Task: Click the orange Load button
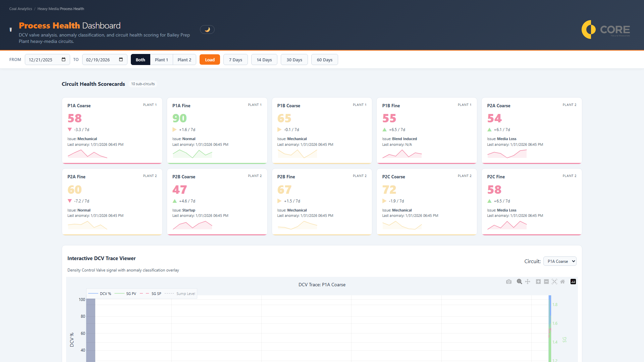pos(210,60)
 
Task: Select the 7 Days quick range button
pos(235,60)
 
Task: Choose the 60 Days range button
pos(324,60)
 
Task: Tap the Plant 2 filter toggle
pos(184,60)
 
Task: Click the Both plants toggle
pos(140,60)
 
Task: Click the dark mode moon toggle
pos(207,29)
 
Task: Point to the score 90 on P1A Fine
pos(179,118)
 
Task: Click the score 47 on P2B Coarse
pos(179,190)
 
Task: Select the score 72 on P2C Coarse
pos(389,190)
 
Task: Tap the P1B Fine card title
pos(391,106)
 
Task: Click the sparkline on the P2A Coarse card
pos(507,154)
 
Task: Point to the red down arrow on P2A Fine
pos(70,201)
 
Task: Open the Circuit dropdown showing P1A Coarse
pos(559,261)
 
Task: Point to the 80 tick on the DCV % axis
pos(83,316)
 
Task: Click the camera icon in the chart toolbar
pos(509,282)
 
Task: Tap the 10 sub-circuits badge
pos(143,84)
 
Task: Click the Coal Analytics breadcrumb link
pos(21,9)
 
